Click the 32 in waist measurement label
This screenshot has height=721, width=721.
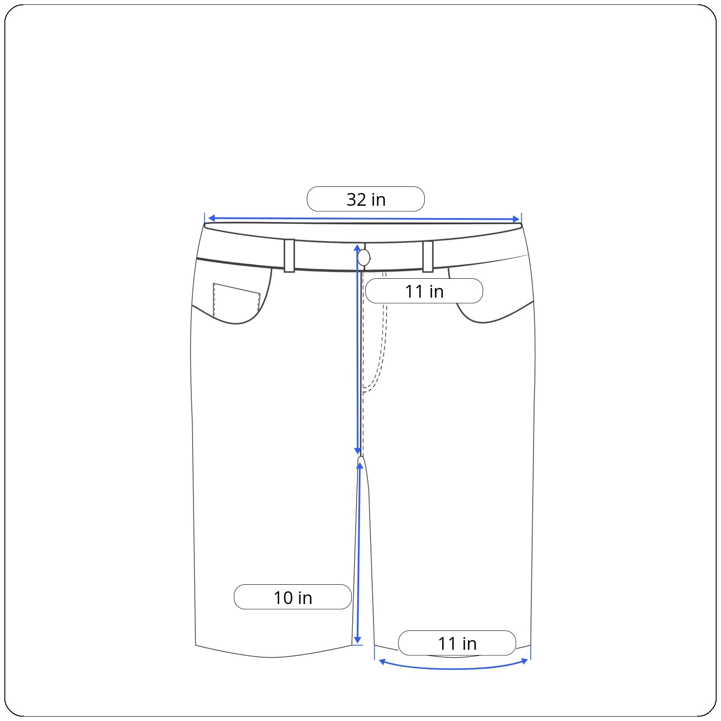[x=365, y=199]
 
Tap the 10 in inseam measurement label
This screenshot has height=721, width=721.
[x=293, y=597]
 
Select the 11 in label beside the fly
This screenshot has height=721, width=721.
[x=424, y=291]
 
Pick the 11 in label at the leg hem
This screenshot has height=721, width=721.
[x=457, y=643]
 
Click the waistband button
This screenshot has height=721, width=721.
[x=364, y=258]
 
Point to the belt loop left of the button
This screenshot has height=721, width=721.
[x=289, y=256]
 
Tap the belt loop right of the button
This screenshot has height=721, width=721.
[x=428, y=256]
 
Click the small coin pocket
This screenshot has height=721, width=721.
[x=237, y=299]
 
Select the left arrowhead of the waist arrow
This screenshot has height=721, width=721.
[x=211, y=218]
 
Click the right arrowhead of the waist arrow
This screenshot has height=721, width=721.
[x=517, y=219]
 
